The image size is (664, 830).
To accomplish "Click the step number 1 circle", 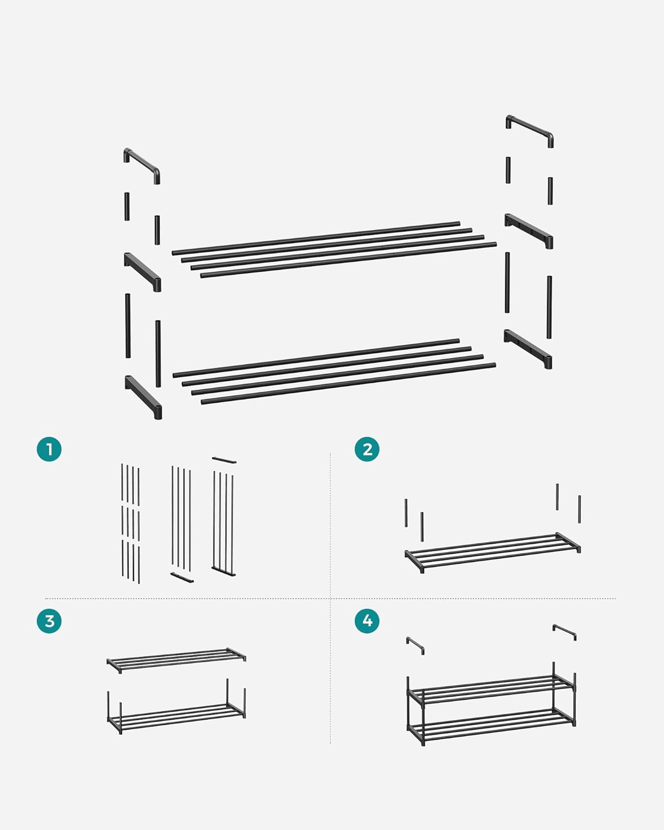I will coord(49,449).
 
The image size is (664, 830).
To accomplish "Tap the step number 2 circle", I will coord(367,449).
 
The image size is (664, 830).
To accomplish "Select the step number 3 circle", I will coord(49,621).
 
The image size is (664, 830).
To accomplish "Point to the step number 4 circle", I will coord(367,621).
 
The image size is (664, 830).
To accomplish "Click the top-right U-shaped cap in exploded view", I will coord(530,129).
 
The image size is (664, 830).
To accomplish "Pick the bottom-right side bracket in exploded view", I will coord(528,348).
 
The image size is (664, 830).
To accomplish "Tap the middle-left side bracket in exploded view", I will coord(143,271).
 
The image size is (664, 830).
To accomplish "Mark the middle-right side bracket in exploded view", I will coord(528,230).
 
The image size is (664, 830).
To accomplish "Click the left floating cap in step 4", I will coord(415,645).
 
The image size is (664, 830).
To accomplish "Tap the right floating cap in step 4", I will coord(564,631).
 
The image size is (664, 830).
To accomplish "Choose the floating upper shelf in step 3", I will coord(176,659).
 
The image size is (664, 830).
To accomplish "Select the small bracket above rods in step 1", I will coord(224,460).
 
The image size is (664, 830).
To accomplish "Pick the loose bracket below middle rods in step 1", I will coord(182,577).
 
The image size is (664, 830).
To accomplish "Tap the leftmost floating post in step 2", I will coord(406,513).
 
